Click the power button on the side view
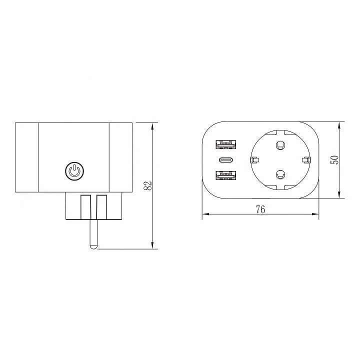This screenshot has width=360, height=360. click(74, 171)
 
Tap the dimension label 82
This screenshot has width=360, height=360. click(148, 185)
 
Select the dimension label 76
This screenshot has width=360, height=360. click(260, 209)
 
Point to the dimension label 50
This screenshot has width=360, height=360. click(334, 160)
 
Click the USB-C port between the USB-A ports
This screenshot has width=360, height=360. click(226, 160)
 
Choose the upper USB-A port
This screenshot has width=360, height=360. click(226, 144)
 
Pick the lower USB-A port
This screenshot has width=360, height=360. click(226, 175)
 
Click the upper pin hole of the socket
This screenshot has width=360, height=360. click(280, 144)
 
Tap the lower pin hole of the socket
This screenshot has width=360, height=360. click(280, 174)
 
